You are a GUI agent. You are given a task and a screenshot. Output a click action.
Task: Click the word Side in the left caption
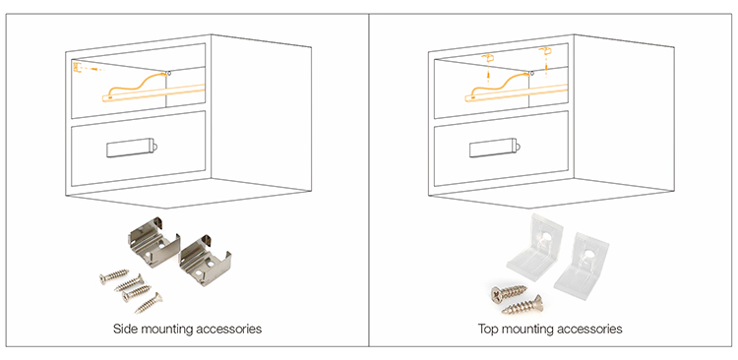tap(123, 329)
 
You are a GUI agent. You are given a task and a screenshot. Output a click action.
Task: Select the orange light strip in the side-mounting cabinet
tap(154, 92)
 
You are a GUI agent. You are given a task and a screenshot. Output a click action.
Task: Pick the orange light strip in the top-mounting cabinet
tap(517, 92)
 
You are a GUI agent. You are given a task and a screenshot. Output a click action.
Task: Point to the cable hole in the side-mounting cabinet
tap(168, 74)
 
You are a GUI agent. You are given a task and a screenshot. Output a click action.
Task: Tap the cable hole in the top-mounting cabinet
tap(531, 74)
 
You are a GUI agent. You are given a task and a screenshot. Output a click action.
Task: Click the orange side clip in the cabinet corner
tap(78, 67)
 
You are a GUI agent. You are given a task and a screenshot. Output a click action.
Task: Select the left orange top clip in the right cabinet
tap(487, 58)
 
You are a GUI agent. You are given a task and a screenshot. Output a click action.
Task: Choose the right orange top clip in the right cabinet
tap(544, 50)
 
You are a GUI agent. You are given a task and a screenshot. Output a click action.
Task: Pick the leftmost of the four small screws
tap(113, 276)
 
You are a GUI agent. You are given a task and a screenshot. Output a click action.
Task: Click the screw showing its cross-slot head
tap(508, 293)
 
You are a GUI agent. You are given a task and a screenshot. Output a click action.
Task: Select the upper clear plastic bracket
tap(535, 246)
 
